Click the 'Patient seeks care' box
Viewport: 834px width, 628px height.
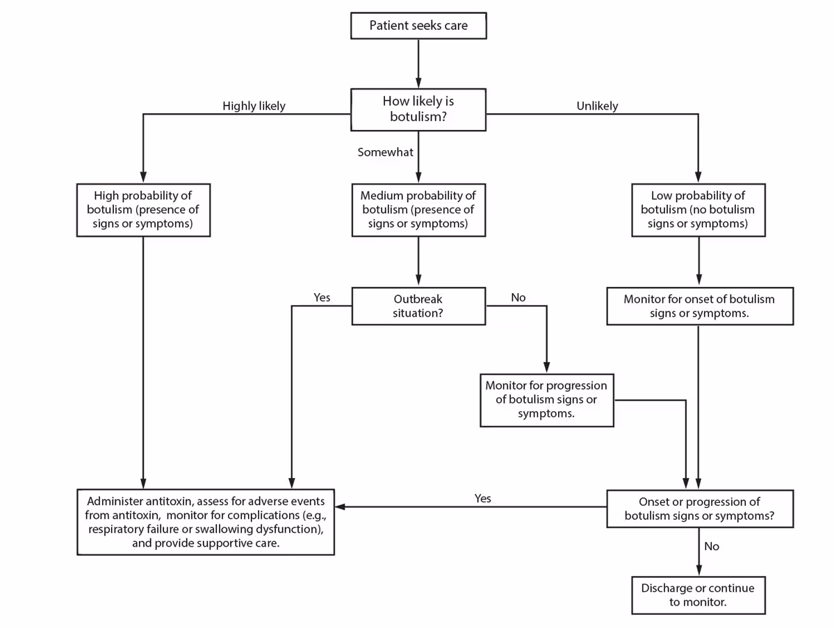pos(418,26)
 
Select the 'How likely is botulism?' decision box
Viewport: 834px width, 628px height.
pos(418,109)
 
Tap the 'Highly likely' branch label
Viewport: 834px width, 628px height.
pos(254,106)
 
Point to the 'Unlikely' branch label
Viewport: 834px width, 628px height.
pos(597,106)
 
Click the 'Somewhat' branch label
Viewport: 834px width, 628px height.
pos(385,152)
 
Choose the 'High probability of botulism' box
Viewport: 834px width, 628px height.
pos(143,210)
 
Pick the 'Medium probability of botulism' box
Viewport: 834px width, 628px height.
pos(418,210)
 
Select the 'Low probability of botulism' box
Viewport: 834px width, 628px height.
pos(698,210)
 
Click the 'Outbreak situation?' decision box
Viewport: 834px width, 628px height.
pos(418,306)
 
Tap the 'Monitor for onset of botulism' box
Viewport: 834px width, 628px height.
pos(699,306)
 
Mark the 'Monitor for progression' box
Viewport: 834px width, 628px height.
pos(546,399)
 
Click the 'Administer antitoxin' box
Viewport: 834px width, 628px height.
pos(206,522)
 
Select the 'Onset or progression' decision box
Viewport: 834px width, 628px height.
pos(699,509)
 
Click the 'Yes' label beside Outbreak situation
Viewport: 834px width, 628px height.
pos(322,297)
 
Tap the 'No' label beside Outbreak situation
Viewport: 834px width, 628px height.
pos(518,297)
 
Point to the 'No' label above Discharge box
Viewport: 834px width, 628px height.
pos(712,547)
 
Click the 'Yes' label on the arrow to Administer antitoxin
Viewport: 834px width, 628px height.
pos(482,498)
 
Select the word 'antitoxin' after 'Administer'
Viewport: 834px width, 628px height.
pos(165,501)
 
